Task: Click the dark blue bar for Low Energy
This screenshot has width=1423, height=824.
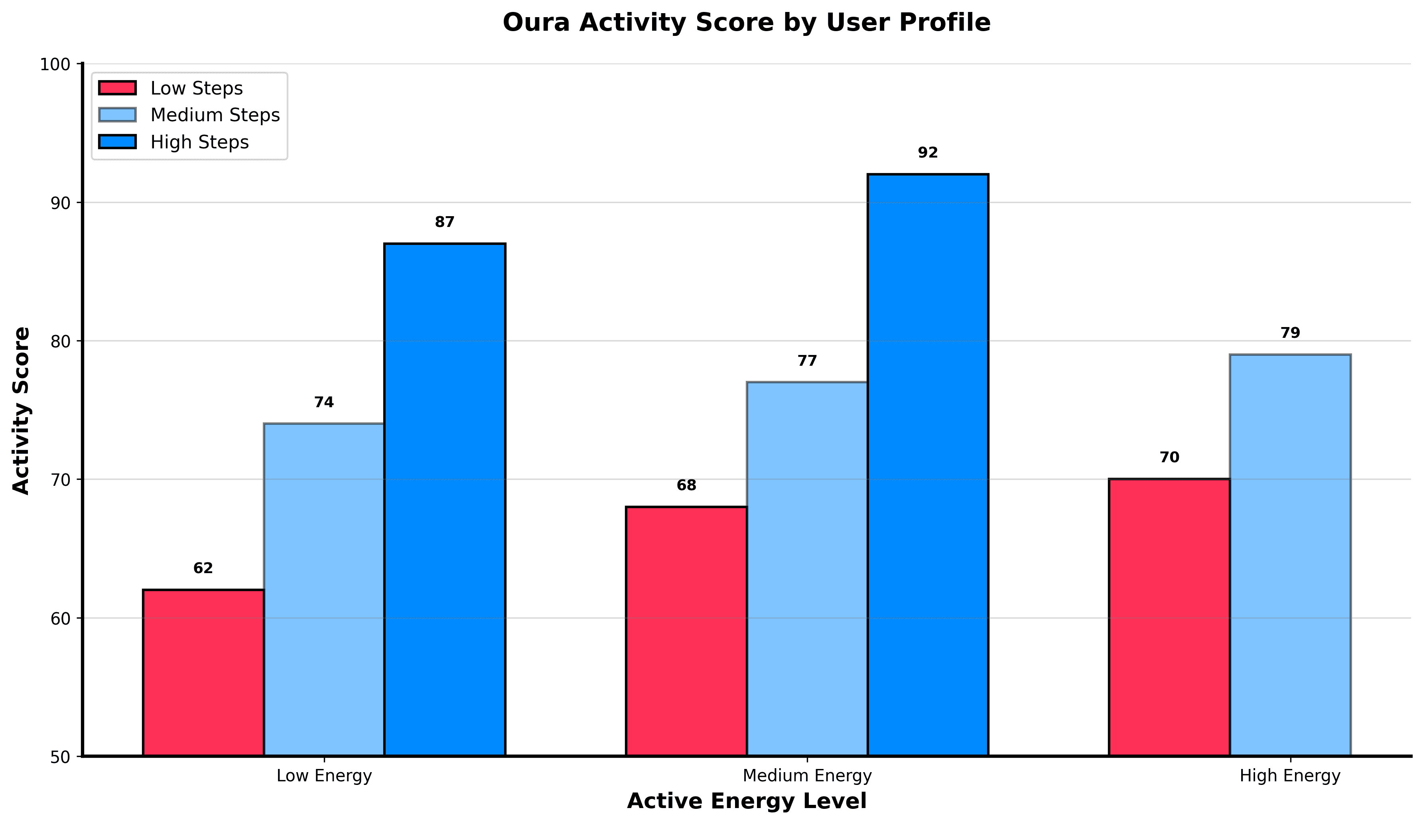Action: pyautogui.click(x=444, y=499)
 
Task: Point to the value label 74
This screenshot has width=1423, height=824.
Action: pyautogui.click(x=323, y=402)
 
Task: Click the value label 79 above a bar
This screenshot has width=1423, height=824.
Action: pyautogui.click(x=1290, y=333)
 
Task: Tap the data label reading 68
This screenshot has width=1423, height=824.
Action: pyautogui.click(x=686, y=485)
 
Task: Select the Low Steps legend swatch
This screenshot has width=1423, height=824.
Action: pyautogui.click(x=118, y=88)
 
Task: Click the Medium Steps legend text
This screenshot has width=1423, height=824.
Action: pyautogui.click(x=215, y=115)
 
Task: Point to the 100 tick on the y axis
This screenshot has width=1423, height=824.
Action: pyautogui.click(x=55, y=64)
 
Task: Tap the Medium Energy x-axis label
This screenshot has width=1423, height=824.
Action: pyautogui.click(x=807, y=776)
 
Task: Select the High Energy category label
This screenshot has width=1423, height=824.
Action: pyautogui.click(x=1290, y=776)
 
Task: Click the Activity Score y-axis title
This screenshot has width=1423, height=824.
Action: pyautogui.click(x=22, y=410)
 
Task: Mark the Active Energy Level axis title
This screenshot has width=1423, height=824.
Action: pyautogui.click(x=747, y=801)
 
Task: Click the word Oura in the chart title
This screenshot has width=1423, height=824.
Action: pyautogui.click(x=536, y=23)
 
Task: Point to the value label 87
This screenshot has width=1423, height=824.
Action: pyautogui.click(x=444, y=222)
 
